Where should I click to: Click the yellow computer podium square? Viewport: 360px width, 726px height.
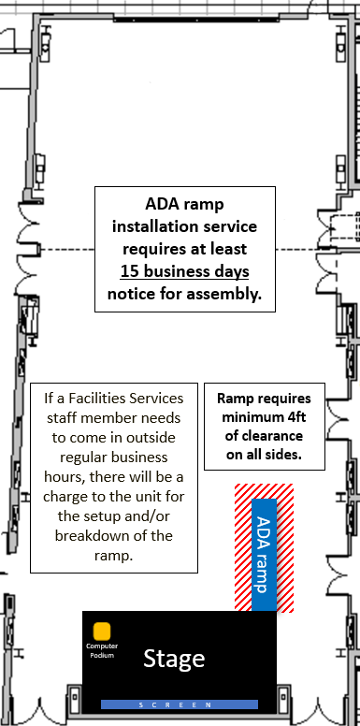[101, 632]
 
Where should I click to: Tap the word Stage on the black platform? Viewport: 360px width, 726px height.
[174, 658]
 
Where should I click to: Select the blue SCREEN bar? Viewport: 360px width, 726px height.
[180, 704]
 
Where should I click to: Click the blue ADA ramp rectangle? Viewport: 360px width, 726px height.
[265, 555]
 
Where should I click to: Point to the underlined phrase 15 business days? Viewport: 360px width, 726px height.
[184, 271]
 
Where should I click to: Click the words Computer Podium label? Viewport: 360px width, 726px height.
[102, 650]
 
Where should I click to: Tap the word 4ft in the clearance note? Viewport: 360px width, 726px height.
[295, 416]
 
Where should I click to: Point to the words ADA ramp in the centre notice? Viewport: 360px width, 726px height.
[184, 204]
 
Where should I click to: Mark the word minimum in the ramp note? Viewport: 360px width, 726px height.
[251, 416]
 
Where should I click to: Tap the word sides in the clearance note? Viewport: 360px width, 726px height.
[285, 455]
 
